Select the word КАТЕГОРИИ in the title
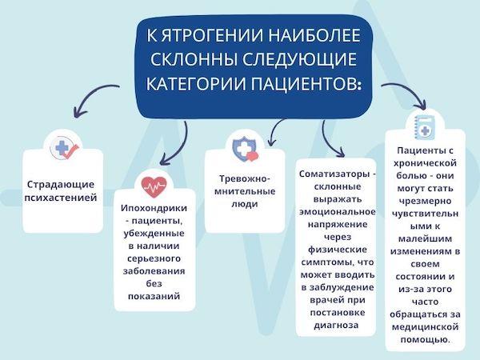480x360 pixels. tap(187, 83)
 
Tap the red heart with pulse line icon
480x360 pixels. tap(152, 187)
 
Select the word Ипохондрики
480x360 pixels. tap(154, 208)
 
